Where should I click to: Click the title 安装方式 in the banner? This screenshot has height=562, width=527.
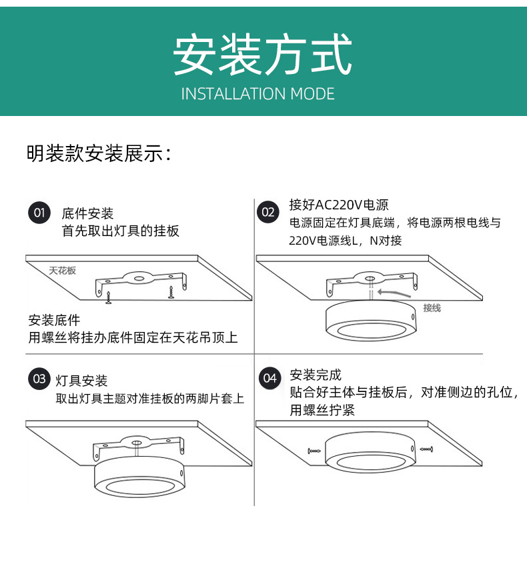coord(263,55)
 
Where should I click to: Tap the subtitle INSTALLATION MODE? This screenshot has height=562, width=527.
coord(258,93)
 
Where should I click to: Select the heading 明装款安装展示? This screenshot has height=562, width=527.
coord(99,153)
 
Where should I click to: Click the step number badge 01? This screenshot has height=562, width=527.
coord(39,213)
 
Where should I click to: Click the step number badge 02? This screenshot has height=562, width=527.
coord(268,213)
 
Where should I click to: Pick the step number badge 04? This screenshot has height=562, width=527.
coord(270,378)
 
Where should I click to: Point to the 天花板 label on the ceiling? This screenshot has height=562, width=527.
coord(62,271)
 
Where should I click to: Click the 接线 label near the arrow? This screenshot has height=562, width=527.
coord(432,308)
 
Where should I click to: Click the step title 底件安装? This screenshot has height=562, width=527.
coord(87,214)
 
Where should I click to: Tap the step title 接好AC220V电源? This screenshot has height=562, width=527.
coord(339,205)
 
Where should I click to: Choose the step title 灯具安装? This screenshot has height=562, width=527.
coord(81,381)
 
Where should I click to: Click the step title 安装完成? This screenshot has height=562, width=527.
coord(316,375)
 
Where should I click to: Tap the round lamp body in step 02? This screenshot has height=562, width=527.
coord(367,323)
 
